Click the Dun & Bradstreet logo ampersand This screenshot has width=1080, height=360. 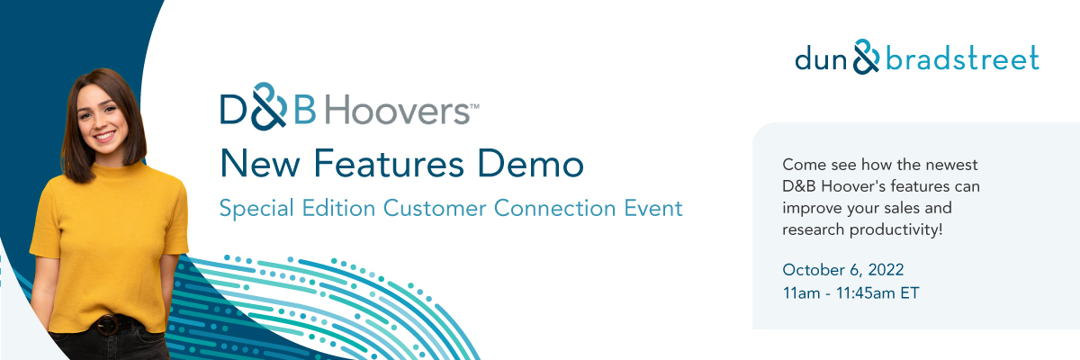pyautogui.click(x=867, y=57)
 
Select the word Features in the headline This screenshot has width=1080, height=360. pyautogui.click(x=389, y=164)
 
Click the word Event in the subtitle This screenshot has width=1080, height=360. pyautogui.click(x=653, y=208)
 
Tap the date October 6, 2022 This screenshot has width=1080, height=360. pyautogui.click(x=843, y=269)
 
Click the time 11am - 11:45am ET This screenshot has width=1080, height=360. pyautogui.click(x=851, y=292)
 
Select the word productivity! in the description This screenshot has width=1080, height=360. pyautogui.click(x=895, y=229)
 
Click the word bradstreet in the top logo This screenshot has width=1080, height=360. pyautogui.click(x=962, y=58)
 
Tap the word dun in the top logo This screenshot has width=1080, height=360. pyautogui.click(x=821, y=59)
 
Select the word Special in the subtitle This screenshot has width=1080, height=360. pyautogui.click(x=256, y=208)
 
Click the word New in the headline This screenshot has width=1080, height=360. pyautogui.click(x=260, y=164)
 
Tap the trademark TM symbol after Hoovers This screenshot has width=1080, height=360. pyautogui.click(x=474, y=106)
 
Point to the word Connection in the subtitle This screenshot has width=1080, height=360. pyautogui.click(x=555, y=208)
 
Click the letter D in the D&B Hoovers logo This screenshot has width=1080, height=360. pyautogui.click(x=234, y=110)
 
